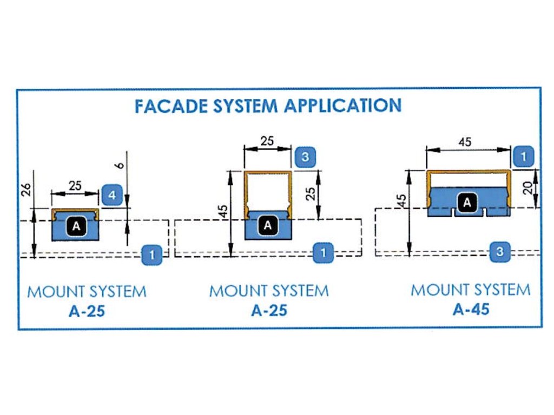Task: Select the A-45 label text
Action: pyautogui.click(x=471, y=309)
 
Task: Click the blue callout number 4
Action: pyautogui.click(x=111, y=195)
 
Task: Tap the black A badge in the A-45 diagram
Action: pyautogui.click(x=466, y=203)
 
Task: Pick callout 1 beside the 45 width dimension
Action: pyautogui.click(x=523, y=156)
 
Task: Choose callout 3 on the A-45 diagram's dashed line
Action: pyautogui.click(x=500, y=251)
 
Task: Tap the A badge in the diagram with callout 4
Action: pyautogui.click(x=76, y=226)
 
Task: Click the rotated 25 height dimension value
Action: pyautogui.click(x=310, y=193)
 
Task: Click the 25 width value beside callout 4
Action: pyautogui.click(x=75, y=185)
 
